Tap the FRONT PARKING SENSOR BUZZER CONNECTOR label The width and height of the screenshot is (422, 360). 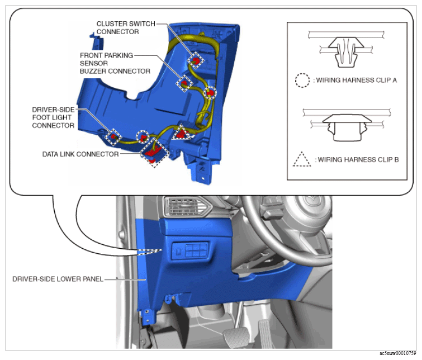[x=115, y=63]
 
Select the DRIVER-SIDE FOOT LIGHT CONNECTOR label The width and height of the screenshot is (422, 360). [x=53, y=117]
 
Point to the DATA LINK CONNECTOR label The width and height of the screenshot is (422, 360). [x=80, y=154]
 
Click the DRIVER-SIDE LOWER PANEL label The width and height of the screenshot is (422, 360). [x=58, y=279]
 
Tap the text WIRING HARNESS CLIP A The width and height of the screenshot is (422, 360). [x=357, y=80]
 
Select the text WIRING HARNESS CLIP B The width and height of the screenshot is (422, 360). [x=358, y=160]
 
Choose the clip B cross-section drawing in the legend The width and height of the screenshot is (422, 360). [x=347, y=125]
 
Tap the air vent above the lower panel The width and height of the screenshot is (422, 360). [x=188, y=206]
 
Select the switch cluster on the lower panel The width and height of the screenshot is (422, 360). [x=191, y=250]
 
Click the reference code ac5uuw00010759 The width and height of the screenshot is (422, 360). [x=398, y=353]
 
